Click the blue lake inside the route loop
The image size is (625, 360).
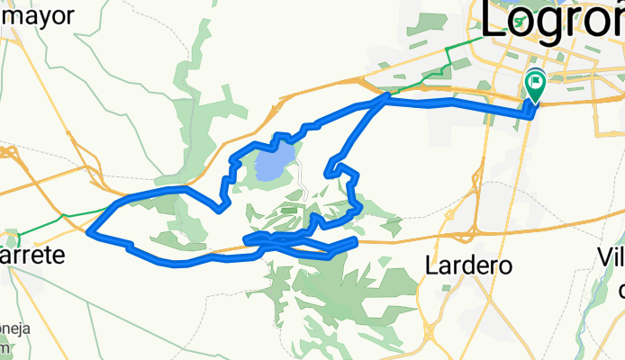[x=274, y=163]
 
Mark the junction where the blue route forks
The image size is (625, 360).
[x=387, y=95]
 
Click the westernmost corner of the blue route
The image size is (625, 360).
[x=89, y=232]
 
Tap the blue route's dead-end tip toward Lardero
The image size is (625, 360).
[x=357, y=240]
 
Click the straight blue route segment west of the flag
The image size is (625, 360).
[x=459, y=103]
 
